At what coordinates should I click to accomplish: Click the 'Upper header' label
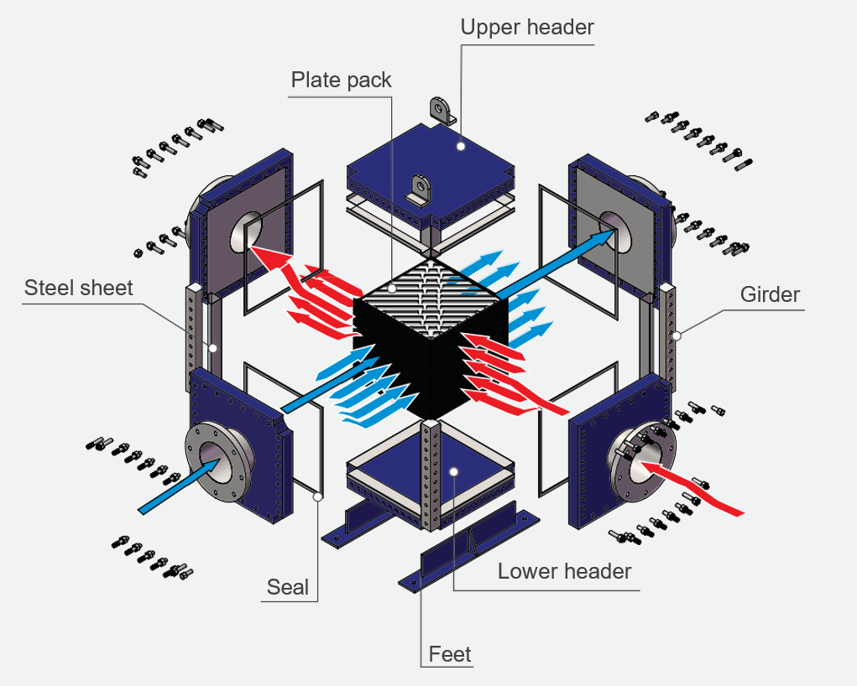(527, 27)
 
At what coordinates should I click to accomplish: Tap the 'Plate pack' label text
(341, 81)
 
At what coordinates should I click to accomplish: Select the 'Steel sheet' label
(78, 288)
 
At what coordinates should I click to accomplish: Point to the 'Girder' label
(770, 294)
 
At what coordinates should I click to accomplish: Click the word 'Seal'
(288, 587)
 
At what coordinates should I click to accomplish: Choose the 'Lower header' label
(564, 572)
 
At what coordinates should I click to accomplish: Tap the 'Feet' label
(450, 653)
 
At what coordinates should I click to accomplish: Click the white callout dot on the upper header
(461, 146)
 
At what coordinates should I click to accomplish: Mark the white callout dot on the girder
(676, 335)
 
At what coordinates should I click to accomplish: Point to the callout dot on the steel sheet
(213, 347)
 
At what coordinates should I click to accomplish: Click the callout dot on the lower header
(453, 471)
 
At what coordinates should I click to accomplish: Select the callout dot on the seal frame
(318, 496)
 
